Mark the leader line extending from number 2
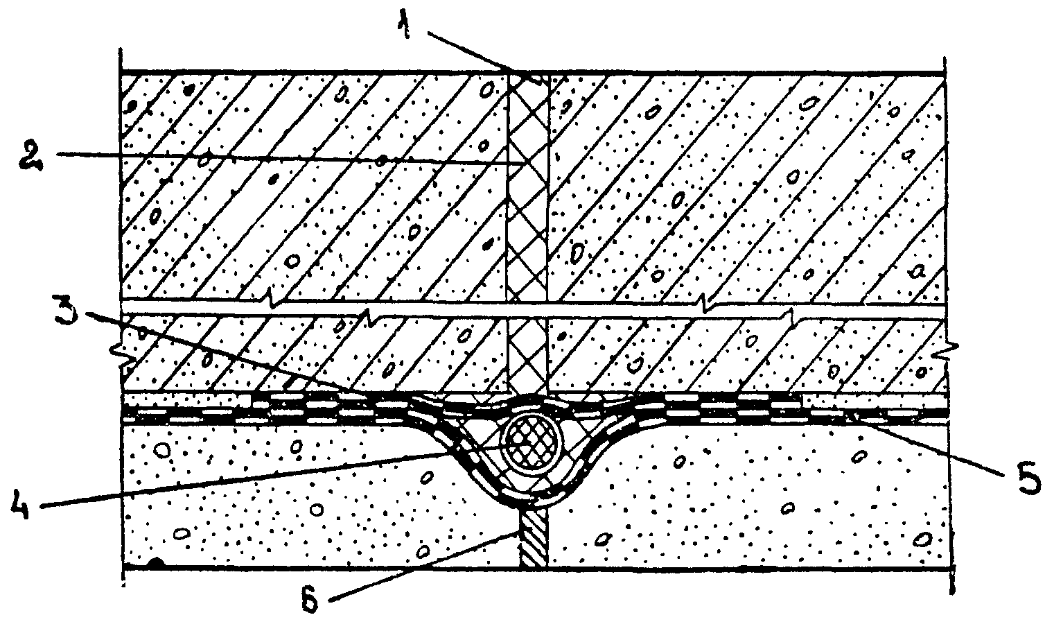(x=277, y=157)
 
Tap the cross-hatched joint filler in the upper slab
(x=527, y=187)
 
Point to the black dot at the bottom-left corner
(x=158, y=564)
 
